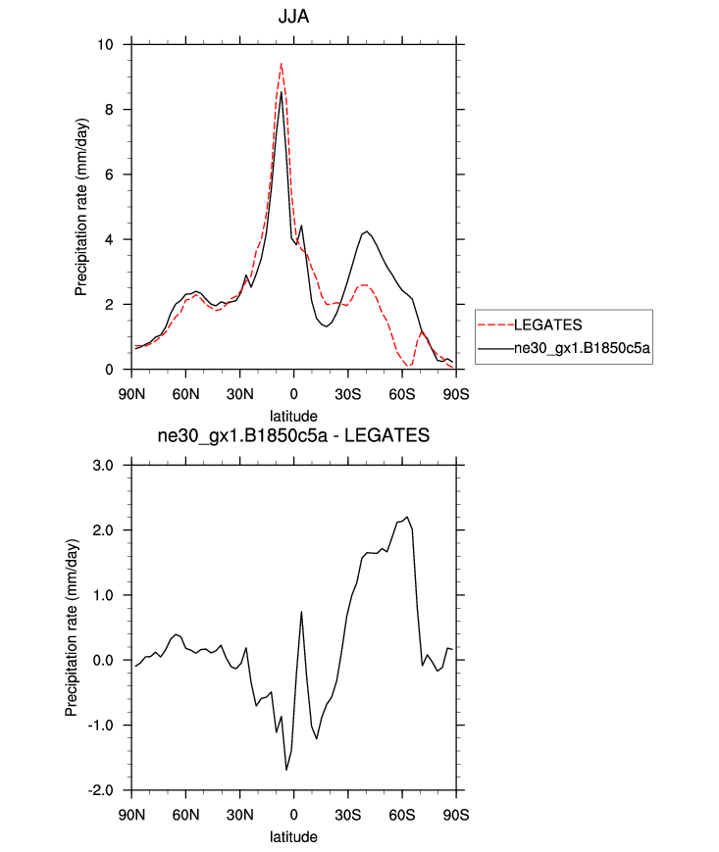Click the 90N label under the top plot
130,394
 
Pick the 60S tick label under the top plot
402,394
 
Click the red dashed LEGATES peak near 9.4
282,64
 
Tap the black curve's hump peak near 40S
366,231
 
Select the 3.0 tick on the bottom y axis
103,465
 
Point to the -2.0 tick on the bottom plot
101,790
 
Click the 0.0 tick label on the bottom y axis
103,660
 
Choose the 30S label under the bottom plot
347,815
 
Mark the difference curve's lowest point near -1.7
286,770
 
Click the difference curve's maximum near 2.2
406,517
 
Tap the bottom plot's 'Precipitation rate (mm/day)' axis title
72,627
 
